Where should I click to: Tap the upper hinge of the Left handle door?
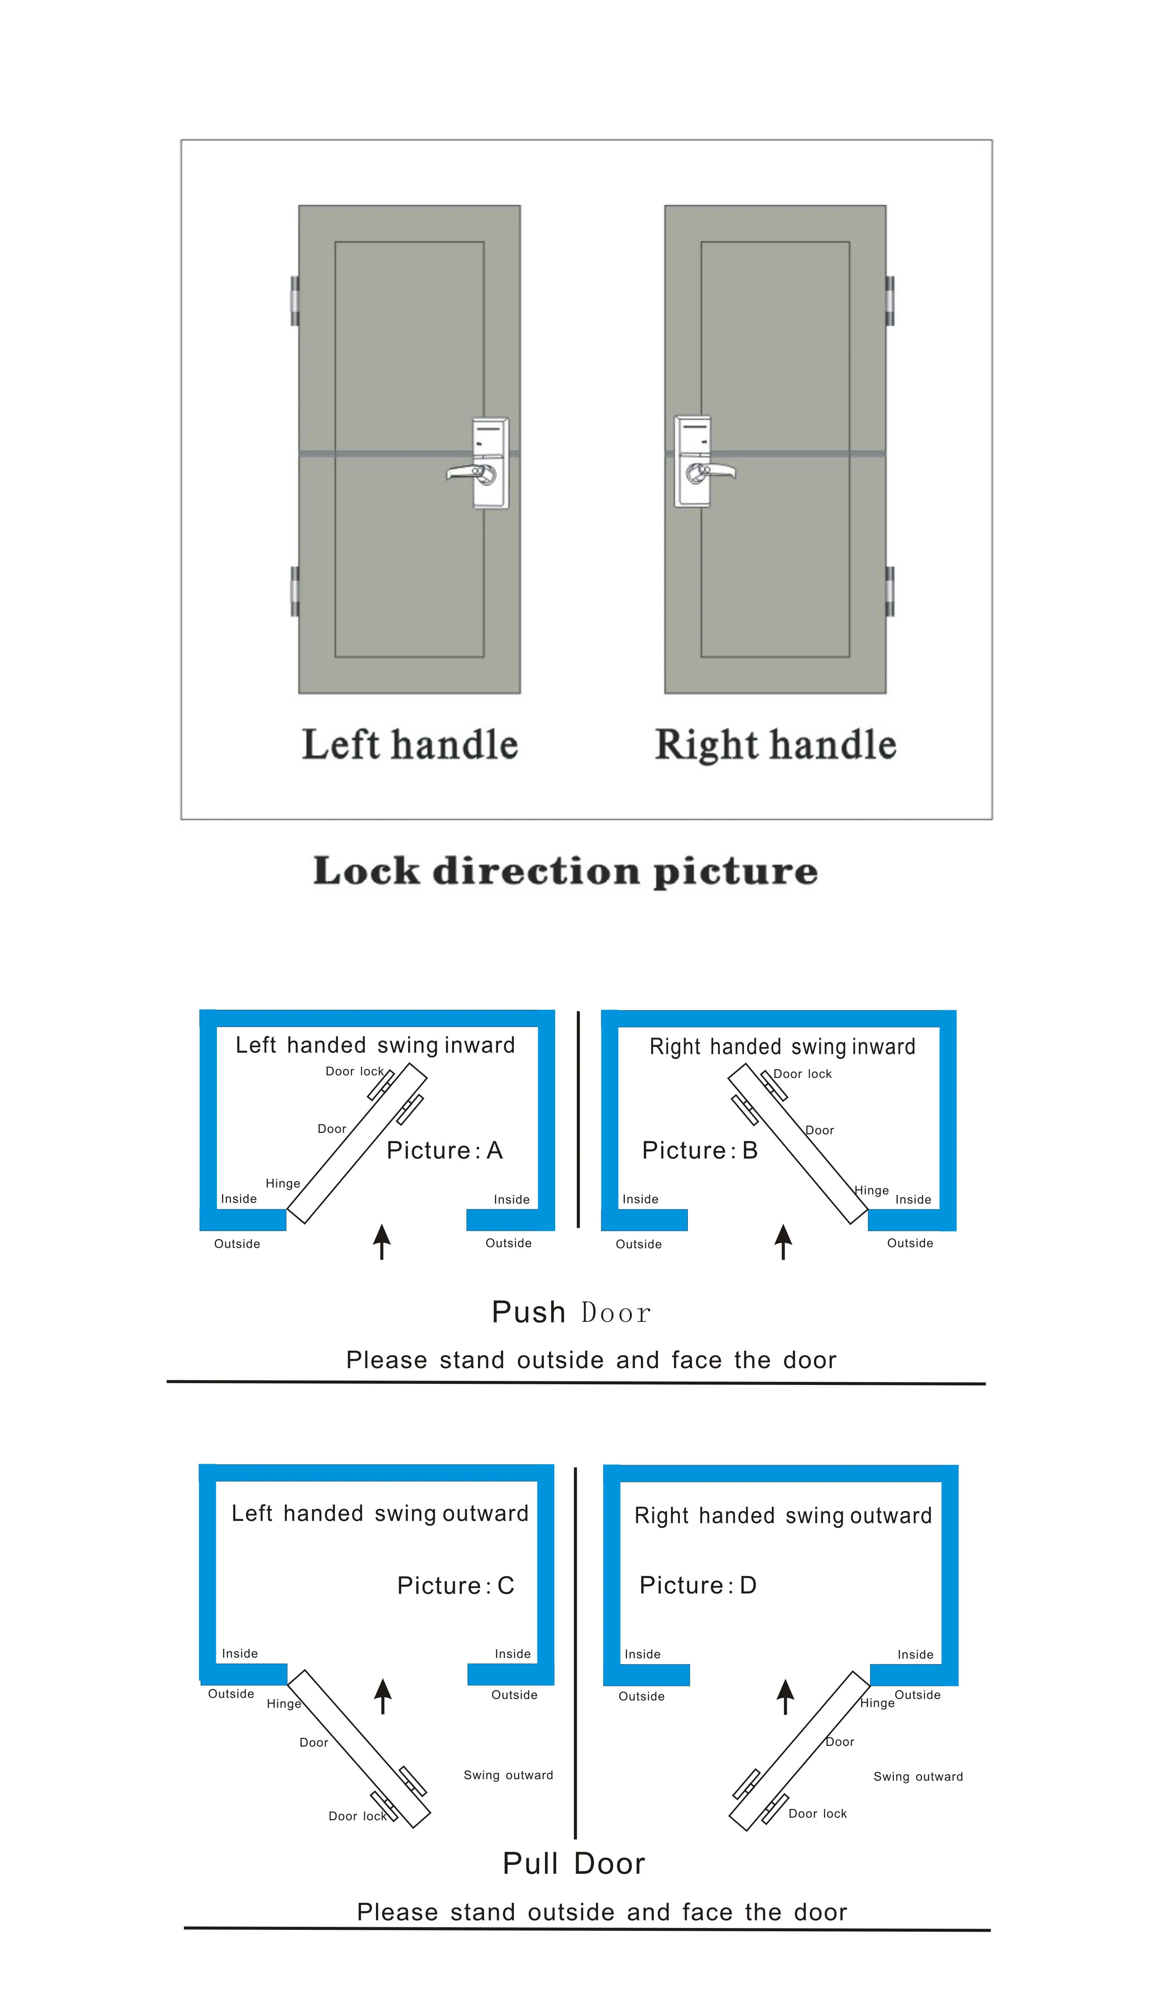[x=295, y=301]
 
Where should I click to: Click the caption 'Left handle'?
[x=410, y=745]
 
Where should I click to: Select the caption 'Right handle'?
[x=775, y=745]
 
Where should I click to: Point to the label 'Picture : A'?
[x=445, y=1150]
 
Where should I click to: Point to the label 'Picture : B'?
[x=700, y=1150]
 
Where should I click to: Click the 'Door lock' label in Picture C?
[x=357, y=1817]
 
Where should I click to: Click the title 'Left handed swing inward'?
[x=375, y=1045]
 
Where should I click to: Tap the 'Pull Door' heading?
[x=574, y=1864]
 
